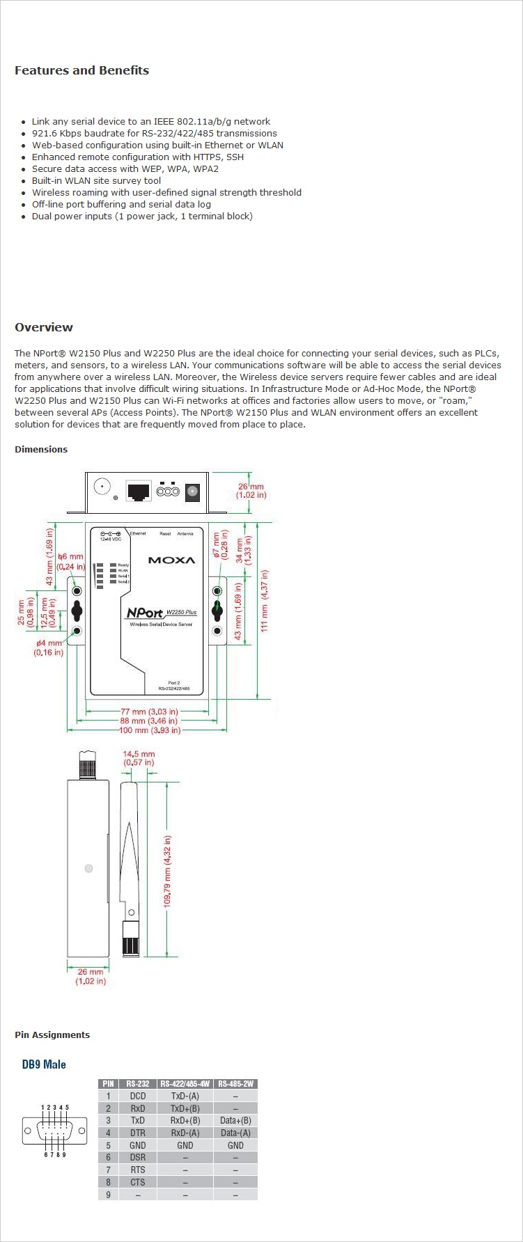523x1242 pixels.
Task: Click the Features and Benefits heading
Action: (81, 70)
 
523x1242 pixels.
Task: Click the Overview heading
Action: (44, 327)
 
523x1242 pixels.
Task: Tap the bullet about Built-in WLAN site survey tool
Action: (96, 180)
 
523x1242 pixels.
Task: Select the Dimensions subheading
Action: (41, 449)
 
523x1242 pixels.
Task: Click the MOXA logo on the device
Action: (171, 560)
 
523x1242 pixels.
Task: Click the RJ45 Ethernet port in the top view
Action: (138, 491)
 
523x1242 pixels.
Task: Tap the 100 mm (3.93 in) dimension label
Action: (150, 730)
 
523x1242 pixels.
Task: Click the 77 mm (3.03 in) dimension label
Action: (149, 712)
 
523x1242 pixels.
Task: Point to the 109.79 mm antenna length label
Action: (167, 871)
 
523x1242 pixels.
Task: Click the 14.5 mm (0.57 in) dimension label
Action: (139, 758)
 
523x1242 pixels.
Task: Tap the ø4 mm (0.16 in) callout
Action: (49, 647)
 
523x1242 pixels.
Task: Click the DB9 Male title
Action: (44, 1064)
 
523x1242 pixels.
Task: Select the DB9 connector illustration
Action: (55, 1130)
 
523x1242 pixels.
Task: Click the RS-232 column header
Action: (137, 1083)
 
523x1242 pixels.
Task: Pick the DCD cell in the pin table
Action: (137, 1096)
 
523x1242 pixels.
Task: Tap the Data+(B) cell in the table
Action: (235, 1121)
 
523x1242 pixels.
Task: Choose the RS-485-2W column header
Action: (235, 1083)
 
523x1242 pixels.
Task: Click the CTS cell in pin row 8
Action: (137, 1182)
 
